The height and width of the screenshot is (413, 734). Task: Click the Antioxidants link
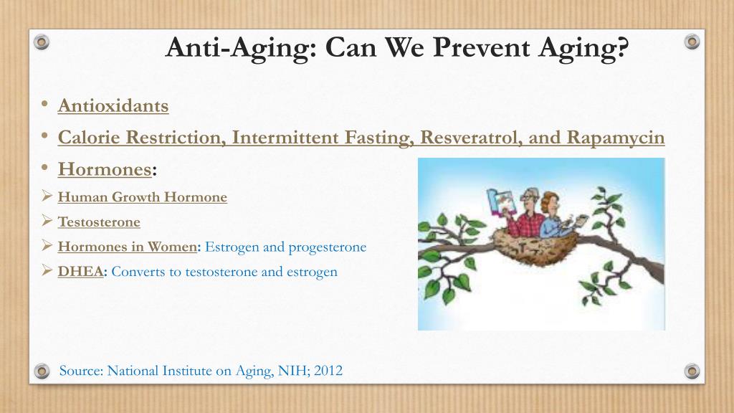point(113,106)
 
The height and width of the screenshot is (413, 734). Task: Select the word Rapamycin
point(616,138)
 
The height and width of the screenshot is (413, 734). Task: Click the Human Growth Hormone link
point(143,196)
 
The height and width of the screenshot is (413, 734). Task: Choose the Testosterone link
point(99,222)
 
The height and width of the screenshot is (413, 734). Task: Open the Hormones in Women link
point(128,247)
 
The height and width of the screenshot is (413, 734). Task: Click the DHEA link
point(80,271)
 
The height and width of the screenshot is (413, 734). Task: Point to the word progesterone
point(327,247)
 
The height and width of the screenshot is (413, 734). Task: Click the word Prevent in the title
point(482,47)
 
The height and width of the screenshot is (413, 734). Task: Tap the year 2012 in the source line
point(328,371)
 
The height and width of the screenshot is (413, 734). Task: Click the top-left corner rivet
point(42,42)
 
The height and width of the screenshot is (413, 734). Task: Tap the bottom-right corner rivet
point(692,371)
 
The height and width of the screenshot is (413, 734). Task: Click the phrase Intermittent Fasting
point(323,138)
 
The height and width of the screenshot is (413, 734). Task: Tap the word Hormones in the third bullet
point(105,169)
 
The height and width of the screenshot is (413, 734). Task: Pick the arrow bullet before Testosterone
point(47,220)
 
